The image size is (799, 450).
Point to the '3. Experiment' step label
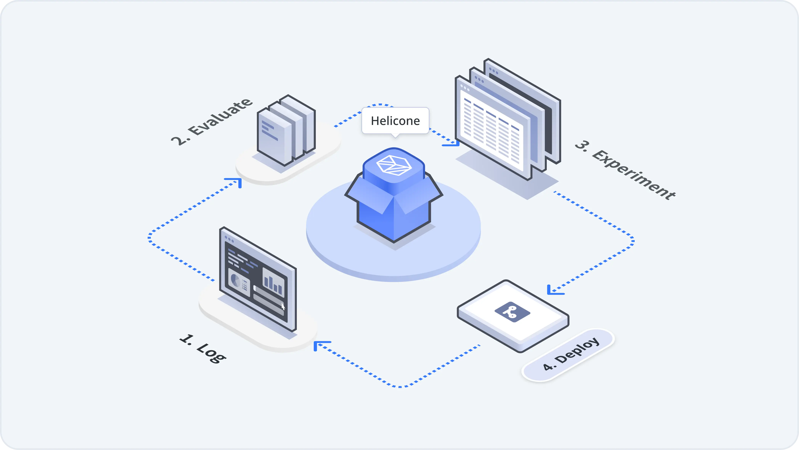click(625, 170)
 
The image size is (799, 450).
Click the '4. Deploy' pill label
click(571, 354)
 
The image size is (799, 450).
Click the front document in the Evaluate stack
click(275, 138)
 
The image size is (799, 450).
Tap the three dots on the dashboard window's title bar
click(229, 239)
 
